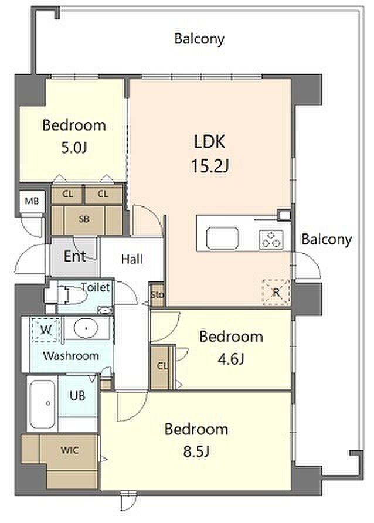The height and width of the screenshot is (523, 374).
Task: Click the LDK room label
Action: pos(210,141)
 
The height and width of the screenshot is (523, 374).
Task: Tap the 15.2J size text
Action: pos(210,165)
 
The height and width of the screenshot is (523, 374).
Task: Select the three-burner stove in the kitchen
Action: pos(271,239)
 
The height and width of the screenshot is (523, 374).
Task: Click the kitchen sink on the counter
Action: pos(222,238)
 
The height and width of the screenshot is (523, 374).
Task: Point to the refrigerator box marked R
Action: pos(276,292)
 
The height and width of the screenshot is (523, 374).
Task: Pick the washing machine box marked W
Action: pos(46,330)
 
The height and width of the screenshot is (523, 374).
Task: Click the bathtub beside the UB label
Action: pos(42,404)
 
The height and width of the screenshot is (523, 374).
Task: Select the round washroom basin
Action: pos(86,328)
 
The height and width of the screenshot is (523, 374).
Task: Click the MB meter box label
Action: pos(32,201)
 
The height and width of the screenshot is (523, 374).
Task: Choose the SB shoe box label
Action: pos(84,219)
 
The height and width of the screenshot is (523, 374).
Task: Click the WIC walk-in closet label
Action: pos(70,450)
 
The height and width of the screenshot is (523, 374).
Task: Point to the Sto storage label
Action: pos(157,294)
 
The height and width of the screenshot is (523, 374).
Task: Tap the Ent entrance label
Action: pos(74,256)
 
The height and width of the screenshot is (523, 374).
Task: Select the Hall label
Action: pos(132,259)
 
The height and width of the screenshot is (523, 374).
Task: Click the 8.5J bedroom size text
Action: pos(196,452)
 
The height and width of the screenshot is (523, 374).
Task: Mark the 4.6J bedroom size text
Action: pos(231,359)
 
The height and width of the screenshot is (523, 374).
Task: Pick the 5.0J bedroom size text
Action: pos(74,147)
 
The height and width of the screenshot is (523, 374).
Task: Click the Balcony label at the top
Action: pos(199,39)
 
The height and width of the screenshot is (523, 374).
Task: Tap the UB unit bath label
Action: pos(77,396)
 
